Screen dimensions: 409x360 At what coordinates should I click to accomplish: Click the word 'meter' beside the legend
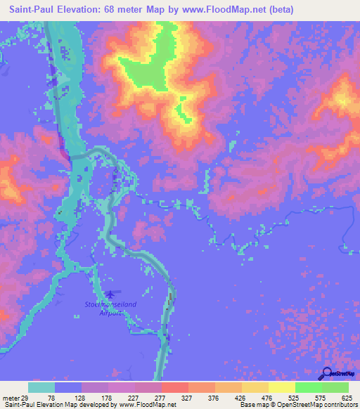pyautogui.click(x=11, y=398)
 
